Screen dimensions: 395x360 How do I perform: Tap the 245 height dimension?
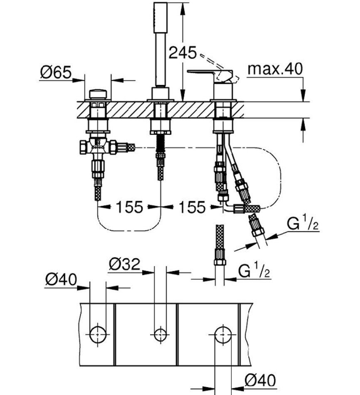click(x=182, y=52)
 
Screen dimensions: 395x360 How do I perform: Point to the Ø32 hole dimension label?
click(x=124, y=264)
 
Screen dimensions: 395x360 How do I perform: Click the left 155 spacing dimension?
click(x=129, y=207)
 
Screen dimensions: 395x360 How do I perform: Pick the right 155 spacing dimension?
click(x=192, y=207)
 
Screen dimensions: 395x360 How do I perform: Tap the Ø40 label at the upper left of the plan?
click(x=61, y=280)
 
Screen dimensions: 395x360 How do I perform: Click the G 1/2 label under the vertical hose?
click(x=254, y=272)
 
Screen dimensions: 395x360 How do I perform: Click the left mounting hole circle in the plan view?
click(x=98, y=334)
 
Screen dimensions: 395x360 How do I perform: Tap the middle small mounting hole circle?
click(x=160, y=334)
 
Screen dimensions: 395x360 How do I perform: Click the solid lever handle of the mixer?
click(x=208, y=74)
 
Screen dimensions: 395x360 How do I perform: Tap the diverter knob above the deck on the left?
click(x=99, y=94)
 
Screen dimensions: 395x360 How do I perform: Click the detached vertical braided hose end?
click(x=219, y=247)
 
